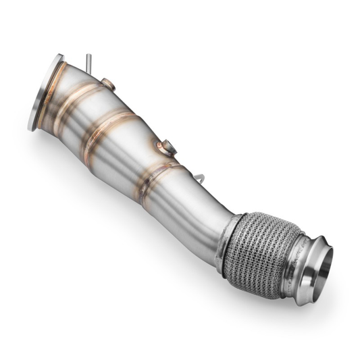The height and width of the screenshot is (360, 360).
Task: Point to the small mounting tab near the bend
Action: click(200, 178)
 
